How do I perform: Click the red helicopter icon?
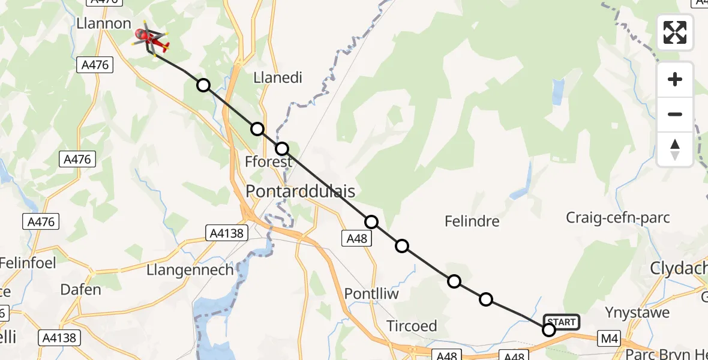click(151, 40)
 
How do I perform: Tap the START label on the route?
click(562, 322)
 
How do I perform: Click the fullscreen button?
click(675, 32)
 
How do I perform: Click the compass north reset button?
click(675, 149)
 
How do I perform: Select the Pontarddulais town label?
click(301, 192)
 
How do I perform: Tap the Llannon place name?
click(104, 23)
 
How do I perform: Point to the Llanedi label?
click(278, 77)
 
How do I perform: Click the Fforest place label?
click(269, 161)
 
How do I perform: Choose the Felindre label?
click(472, 221)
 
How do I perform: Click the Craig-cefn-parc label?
click(619, 217)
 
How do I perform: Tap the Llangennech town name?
click(190, 270)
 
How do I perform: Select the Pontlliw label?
click(372, 294)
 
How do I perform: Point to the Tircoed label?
click(412, 326)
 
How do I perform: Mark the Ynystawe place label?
click(637, 313)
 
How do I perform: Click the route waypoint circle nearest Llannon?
click(203, 85)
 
